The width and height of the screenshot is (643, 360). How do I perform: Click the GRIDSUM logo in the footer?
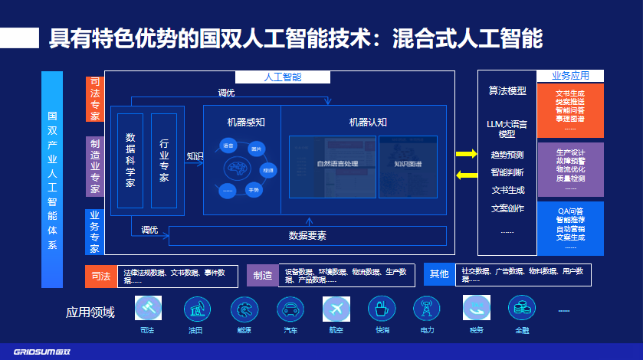point(36,352)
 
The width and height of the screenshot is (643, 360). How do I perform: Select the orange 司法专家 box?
point(94,99)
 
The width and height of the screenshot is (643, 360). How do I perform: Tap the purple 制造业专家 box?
point(94,166)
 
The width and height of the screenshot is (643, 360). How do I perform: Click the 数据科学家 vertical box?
point(130,159)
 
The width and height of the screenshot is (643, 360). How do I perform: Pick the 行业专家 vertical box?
point(164,159)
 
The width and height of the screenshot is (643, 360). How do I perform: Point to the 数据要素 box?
point(307,235)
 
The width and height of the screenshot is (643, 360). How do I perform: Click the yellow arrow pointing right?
point(466,155)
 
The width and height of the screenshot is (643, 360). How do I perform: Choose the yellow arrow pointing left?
point(466,176)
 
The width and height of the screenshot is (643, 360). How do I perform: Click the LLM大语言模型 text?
point(507,128)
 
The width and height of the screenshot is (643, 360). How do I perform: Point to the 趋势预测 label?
point(507,155)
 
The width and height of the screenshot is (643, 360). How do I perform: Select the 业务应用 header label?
point(570,76)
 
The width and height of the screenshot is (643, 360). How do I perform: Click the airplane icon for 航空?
point(336,308)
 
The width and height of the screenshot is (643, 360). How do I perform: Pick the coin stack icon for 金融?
point(522,308)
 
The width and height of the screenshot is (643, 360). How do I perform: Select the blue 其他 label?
point(439,274)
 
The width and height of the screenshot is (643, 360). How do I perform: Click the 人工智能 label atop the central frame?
point(282,77)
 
